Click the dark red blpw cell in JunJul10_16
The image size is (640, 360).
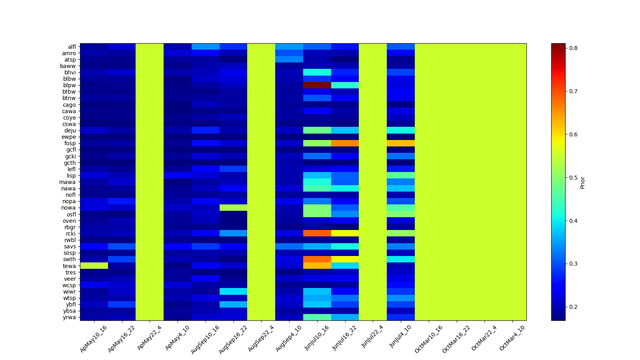[x=317, y=85]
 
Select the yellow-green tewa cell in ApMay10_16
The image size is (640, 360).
[x=94, y=266]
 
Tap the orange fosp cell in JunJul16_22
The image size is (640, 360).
[x=345, y=143]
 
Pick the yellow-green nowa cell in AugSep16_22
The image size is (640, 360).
[x=233, y=208]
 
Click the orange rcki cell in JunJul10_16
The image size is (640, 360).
[x=317, y=233]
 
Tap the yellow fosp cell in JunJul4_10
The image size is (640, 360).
[x=401, y=143]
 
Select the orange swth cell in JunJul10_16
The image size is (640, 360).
[x=317, y=259]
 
